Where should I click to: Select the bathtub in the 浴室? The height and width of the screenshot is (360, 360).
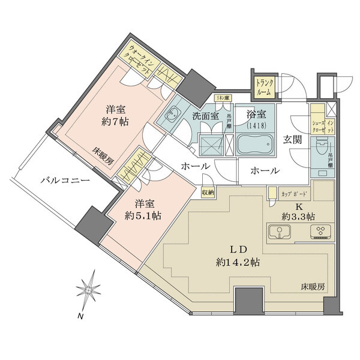click(254, 145)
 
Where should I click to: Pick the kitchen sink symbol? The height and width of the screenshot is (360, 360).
click(280, 233)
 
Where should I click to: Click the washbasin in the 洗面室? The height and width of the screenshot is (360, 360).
click(173, 114)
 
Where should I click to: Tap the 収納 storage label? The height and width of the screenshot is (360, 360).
click(208, 193)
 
